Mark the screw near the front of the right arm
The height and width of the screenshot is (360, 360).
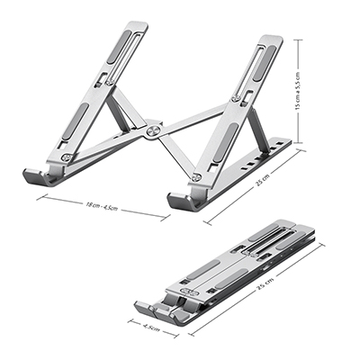click(x=195, y=178)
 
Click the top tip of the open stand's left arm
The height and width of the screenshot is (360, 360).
click(x=137, y=27)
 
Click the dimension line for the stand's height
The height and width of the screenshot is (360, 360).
click(x=298, y=90)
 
